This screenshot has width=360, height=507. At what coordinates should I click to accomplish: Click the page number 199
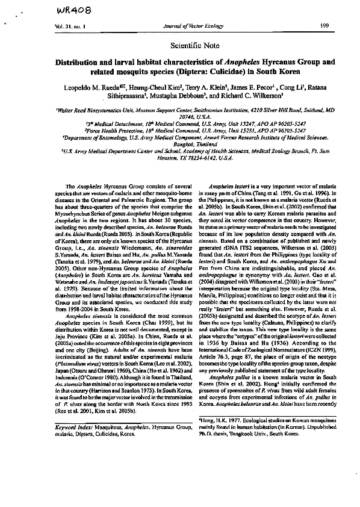pyautogui.click(x=324, y=25)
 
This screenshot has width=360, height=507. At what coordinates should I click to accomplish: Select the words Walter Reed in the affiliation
pyautogui.click(x=71, y=111)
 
